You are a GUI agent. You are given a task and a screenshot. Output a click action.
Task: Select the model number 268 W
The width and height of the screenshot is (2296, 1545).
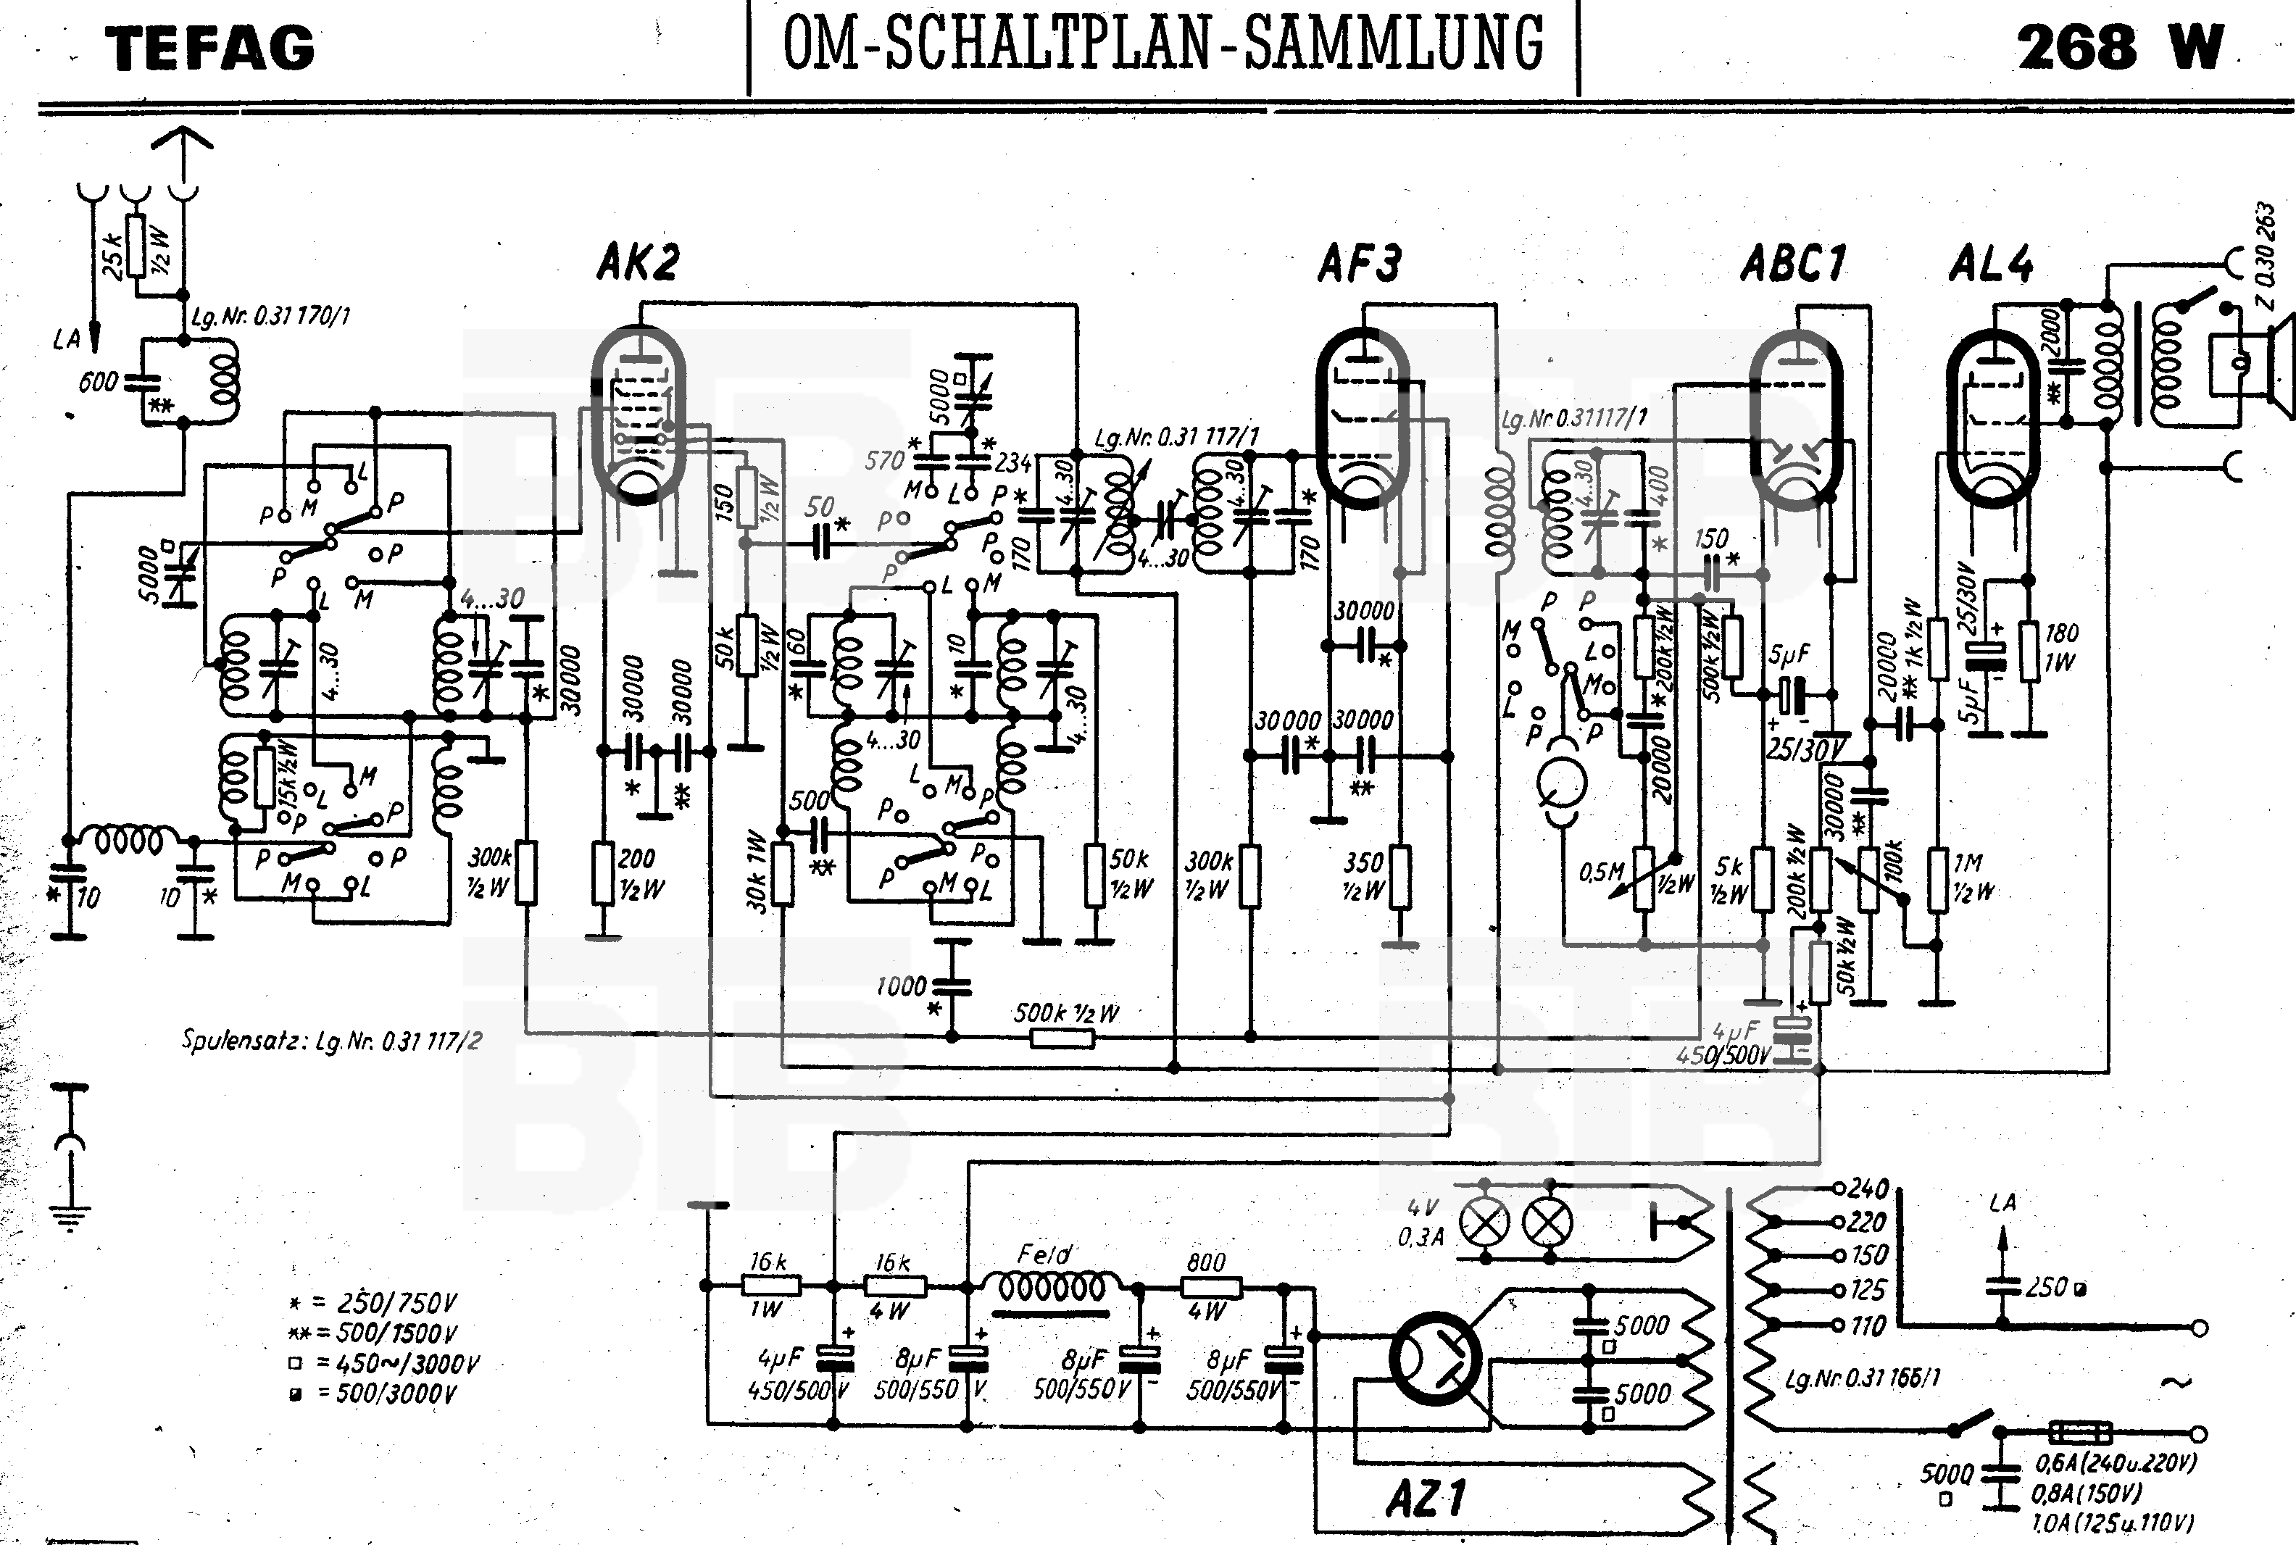tap(2118, 46)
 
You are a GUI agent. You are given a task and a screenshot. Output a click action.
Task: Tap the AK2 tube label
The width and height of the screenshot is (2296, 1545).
tap(639, 262)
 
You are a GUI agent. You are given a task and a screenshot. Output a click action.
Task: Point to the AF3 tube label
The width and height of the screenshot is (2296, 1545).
tap(1360, 263)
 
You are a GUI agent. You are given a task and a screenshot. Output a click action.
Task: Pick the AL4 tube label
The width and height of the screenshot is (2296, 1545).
tap(1991, 264)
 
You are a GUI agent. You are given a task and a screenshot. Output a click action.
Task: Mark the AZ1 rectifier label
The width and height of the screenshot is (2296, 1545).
tap(1426, 1499)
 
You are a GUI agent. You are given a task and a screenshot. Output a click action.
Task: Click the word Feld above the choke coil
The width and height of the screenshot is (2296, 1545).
tap(1044, 1255)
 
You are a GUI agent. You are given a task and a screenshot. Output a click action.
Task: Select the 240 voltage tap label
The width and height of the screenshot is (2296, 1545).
tap(1868, 1188)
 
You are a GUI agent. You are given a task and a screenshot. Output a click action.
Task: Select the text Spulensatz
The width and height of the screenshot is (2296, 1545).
tap(244, 1039)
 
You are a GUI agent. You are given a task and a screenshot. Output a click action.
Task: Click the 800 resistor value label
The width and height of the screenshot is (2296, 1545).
tap(1206, 1262)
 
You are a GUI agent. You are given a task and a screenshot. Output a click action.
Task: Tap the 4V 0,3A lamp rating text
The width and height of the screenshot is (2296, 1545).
tap(1419, 1222)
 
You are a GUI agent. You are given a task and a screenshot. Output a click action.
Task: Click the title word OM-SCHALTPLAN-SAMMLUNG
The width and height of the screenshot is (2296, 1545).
tap(1162, 44)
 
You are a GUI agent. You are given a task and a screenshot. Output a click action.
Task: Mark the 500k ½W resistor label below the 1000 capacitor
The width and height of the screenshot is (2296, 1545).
tap(1066, 1013)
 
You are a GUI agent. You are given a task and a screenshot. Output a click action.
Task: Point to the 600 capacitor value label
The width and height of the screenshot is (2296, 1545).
tap(98, 381)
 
